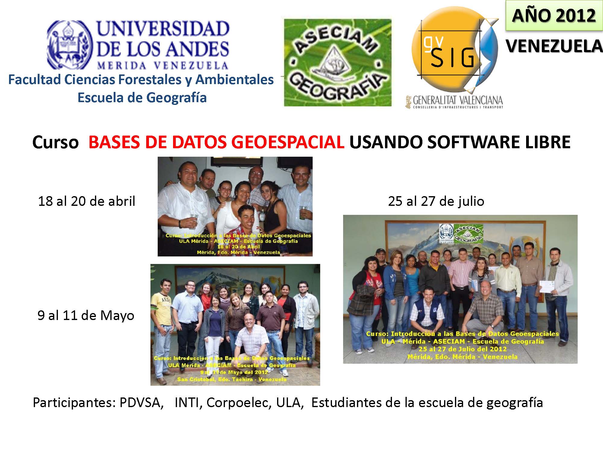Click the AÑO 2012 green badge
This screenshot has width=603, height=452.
tap(554, 15)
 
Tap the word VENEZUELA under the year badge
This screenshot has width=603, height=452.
tap(554, 46)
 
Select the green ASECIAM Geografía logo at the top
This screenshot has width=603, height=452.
tap(338, 63)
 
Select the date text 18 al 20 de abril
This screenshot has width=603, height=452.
tap(87, 201)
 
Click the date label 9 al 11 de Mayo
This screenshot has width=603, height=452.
tap(86, 315)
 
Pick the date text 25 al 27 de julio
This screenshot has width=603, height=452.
tap(436, 201)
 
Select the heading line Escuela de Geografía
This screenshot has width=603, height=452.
tap(142, 98)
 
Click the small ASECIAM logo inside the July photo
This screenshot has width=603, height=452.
tap(468, 234)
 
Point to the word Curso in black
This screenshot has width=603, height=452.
tap(55, 142)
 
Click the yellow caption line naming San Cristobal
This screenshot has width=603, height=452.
tap(232, 379)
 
